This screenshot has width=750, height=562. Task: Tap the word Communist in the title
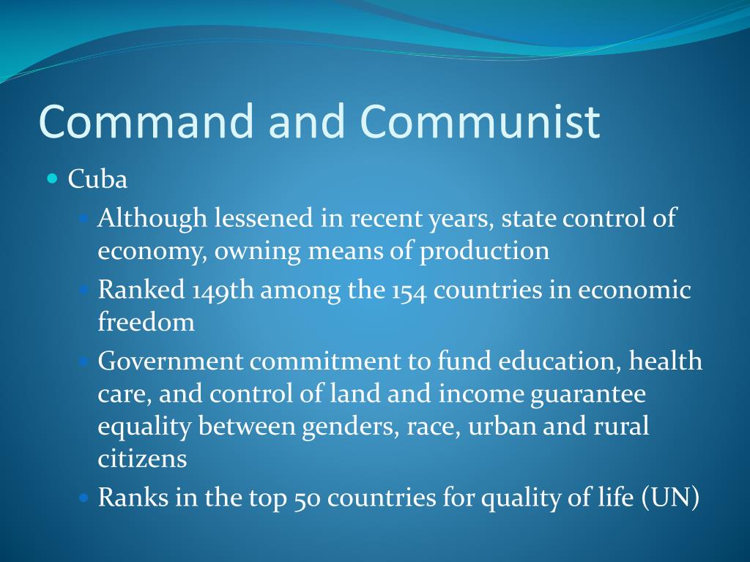tap(480, 121)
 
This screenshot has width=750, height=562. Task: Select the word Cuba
tap(97, 180)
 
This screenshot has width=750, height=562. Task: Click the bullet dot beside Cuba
tap(52, 178)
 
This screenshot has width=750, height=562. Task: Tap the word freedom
tap(146, 322)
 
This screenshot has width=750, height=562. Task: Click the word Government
tap(170, 361)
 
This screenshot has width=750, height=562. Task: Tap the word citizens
tap(142, 460)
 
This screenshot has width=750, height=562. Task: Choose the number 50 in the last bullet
tap(307, 499)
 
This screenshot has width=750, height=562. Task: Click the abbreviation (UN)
tap(671, 498)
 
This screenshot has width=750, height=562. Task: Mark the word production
tap(484, 251)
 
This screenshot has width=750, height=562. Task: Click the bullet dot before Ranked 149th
tap(83, 289)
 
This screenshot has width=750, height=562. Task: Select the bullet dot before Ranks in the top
tap(83, 498)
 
